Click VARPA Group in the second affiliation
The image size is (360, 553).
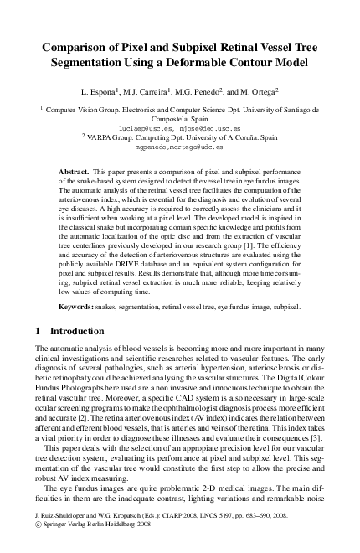click(117, 136)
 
